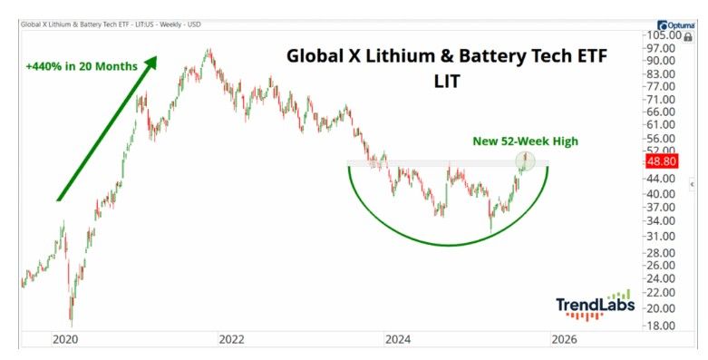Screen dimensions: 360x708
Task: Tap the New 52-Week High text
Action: [x=525, y=141]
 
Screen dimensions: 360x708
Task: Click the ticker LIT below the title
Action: [x=446, y=82]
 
